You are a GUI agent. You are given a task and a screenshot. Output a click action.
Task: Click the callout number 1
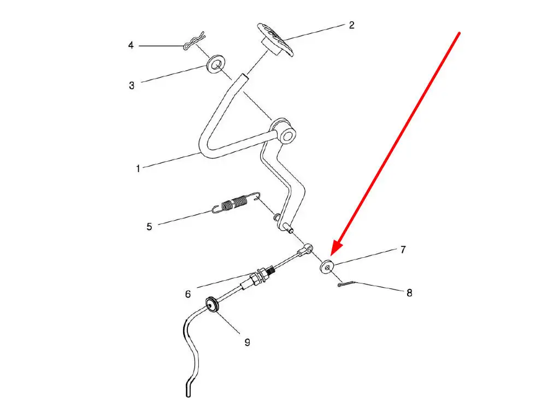click(x=138, y=168)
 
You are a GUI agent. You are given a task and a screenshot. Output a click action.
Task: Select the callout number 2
click(x=352, y=25)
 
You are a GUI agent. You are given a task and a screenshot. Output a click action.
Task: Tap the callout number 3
click(x=132, y=85)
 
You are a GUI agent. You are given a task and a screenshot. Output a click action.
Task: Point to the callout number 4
click(x=131, y=45)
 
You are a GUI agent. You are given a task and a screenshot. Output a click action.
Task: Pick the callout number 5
click(x=149, y=227)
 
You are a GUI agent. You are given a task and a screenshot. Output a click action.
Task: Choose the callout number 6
click(x=188, y=294)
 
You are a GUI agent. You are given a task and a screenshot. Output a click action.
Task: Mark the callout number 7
click(x=403, y=250)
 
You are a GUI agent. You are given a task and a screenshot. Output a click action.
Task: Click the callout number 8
click(x=409, y=293)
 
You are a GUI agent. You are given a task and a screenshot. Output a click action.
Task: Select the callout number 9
click(x=248, y=342)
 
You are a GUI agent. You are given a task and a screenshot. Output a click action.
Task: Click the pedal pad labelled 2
click(x=275, y=39)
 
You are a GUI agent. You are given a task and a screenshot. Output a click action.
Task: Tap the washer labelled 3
click(x=216, y=64)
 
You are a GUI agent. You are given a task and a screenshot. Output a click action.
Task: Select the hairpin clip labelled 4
click(x=193, y=41)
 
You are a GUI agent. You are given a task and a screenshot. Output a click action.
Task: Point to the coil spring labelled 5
click(x=235, y=203)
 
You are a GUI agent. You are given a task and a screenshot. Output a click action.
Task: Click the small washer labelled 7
click(x=327, y=267)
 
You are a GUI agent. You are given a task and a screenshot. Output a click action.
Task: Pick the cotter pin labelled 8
click(x=346, y=283)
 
